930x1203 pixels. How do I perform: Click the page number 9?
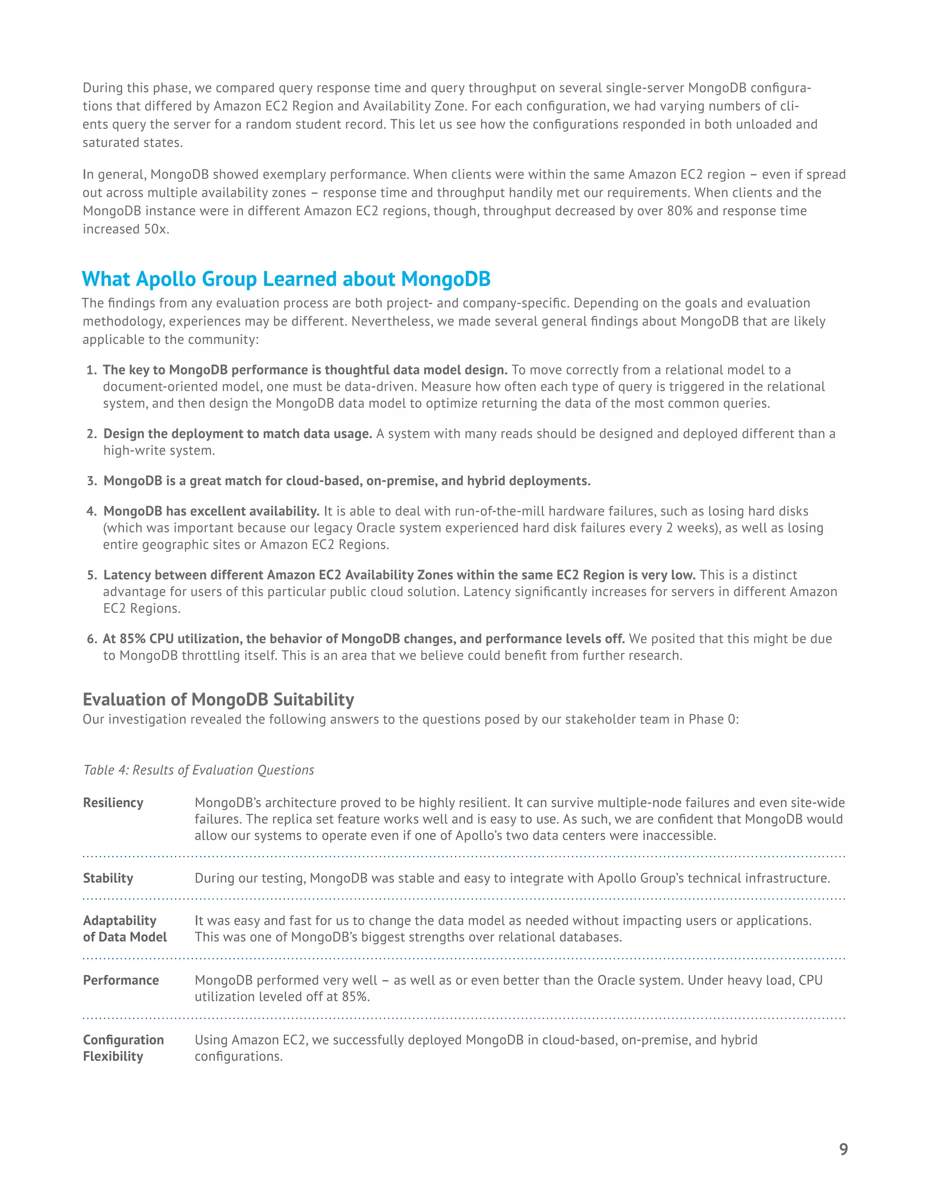[x=843, y=1149]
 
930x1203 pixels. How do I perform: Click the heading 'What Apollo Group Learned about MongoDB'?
[x=286, y=279]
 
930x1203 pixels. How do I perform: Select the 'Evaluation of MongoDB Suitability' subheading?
[x=218, y=699]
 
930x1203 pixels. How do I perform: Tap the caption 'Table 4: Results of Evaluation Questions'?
[x=198, y=770]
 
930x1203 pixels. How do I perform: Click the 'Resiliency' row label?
[x=113, y=803]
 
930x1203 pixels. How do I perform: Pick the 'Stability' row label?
[x=108, y=878]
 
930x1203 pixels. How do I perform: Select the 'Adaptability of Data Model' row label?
[x=124, y=929]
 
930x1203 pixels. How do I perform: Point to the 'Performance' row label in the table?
[x=121, y=980]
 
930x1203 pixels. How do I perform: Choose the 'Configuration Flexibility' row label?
[x=124, y=1048]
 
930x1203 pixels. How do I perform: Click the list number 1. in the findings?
[x=91, y=370]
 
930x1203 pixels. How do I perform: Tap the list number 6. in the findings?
[x=91, y=639]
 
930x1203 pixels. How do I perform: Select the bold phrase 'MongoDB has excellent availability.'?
[x=212, y=511]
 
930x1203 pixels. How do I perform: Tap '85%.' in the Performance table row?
[x=356, y=996]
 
